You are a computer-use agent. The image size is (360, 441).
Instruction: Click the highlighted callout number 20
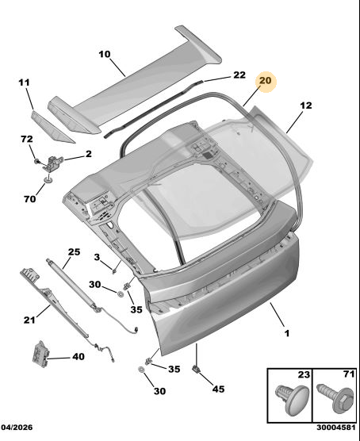[x=265, y=81]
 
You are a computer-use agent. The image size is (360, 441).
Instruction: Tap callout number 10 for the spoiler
[x=105, y=54]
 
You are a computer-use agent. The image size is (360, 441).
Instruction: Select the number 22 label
[x=239, y=75]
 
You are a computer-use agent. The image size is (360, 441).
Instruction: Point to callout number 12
[x=306, y=105]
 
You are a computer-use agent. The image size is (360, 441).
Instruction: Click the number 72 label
[x=27, y=139]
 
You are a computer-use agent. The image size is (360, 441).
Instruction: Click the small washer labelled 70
[x=48, y=179]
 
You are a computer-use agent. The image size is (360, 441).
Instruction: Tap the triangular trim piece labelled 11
[x=52, y=127]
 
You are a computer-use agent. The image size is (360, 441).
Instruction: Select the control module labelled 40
[x=40, y=354]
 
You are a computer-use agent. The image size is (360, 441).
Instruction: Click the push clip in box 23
[x=291, y=400]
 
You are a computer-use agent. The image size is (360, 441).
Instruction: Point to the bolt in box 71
[x=335, y=398]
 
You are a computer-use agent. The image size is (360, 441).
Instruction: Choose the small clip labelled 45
[x=196, y=369]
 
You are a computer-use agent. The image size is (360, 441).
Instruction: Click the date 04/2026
[x=17, y=428]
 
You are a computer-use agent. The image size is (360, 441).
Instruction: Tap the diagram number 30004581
[x=336, y=428]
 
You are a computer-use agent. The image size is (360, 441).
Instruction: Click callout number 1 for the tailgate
[x=286, y=333]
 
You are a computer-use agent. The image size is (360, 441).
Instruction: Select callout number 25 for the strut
[x=75, y=251]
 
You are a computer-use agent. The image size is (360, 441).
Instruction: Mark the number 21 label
[x=29, y=320]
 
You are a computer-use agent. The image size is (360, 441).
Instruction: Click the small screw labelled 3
[x=114, y=271]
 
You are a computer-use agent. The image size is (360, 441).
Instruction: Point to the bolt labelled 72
[x=36, y=162]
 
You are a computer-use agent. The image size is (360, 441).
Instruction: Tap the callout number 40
[x=79, y=357]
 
